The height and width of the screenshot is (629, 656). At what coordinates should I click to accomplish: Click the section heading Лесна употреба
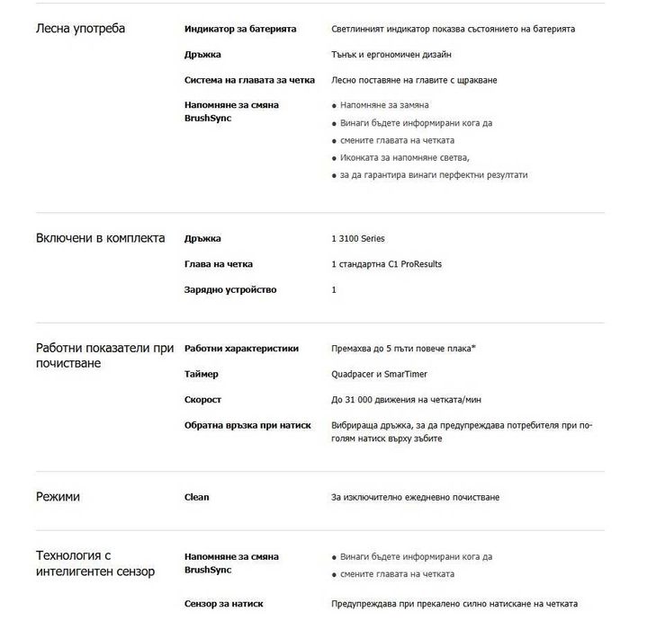pyautogui.click(x=80, y=29)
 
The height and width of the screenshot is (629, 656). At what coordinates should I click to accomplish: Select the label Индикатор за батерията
pyautogui.click(x=239, y=30)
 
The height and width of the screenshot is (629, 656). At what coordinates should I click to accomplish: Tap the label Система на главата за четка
pyautogui.click(x=249, y=80)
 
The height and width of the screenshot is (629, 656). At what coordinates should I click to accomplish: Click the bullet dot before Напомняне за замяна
pyautogui.click(x=335, y=106)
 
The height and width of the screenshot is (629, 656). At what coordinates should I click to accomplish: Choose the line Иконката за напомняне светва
pyautogui.click(x=405, y=158)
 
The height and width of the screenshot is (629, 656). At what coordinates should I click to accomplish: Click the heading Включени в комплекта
pyautogui.click(x=100, y=238)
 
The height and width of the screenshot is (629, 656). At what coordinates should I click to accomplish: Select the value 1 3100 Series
pyautogui.click(x=358, y=239)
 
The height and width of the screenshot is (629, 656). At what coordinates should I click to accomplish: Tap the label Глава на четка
pyautogui.click(x=219, y=264)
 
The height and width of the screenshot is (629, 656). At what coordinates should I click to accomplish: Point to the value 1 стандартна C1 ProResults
pyautogui.click(x=387, y=264)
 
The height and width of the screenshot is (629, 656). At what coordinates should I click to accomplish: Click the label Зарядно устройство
pyautogui.click(x=230, y=289)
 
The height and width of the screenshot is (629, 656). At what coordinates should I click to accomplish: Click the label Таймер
pyautogui.click(x=202, y=374)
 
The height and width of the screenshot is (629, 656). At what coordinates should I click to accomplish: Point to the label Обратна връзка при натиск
pyautogui.click(x=247, y=425)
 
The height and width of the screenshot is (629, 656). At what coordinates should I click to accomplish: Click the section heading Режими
pyautogui.click(x=58, y=496)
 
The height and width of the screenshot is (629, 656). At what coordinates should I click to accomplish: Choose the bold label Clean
pyautogui.click(x=196, y=497)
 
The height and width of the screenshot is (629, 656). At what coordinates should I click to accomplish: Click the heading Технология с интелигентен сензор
pyautogui.click(x=94, y=563)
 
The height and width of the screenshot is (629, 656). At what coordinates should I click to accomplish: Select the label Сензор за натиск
pyautogui.click(x=224, y=604)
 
